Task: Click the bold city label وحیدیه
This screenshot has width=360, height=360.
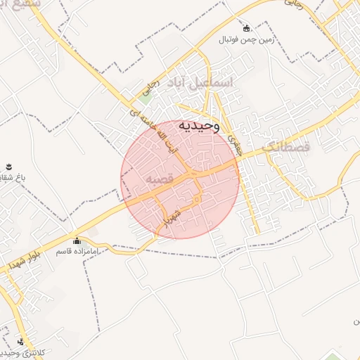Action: click(x=199, y=125)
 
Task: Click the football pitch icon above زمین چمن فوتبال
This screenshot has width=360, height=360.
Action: click(x=247, y=29)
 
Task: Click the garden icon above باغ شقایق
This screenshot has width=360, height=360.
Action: click(x=9, y=167)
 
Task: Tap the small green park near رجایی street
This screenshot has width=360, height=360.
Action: click(x=145, y=98)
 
